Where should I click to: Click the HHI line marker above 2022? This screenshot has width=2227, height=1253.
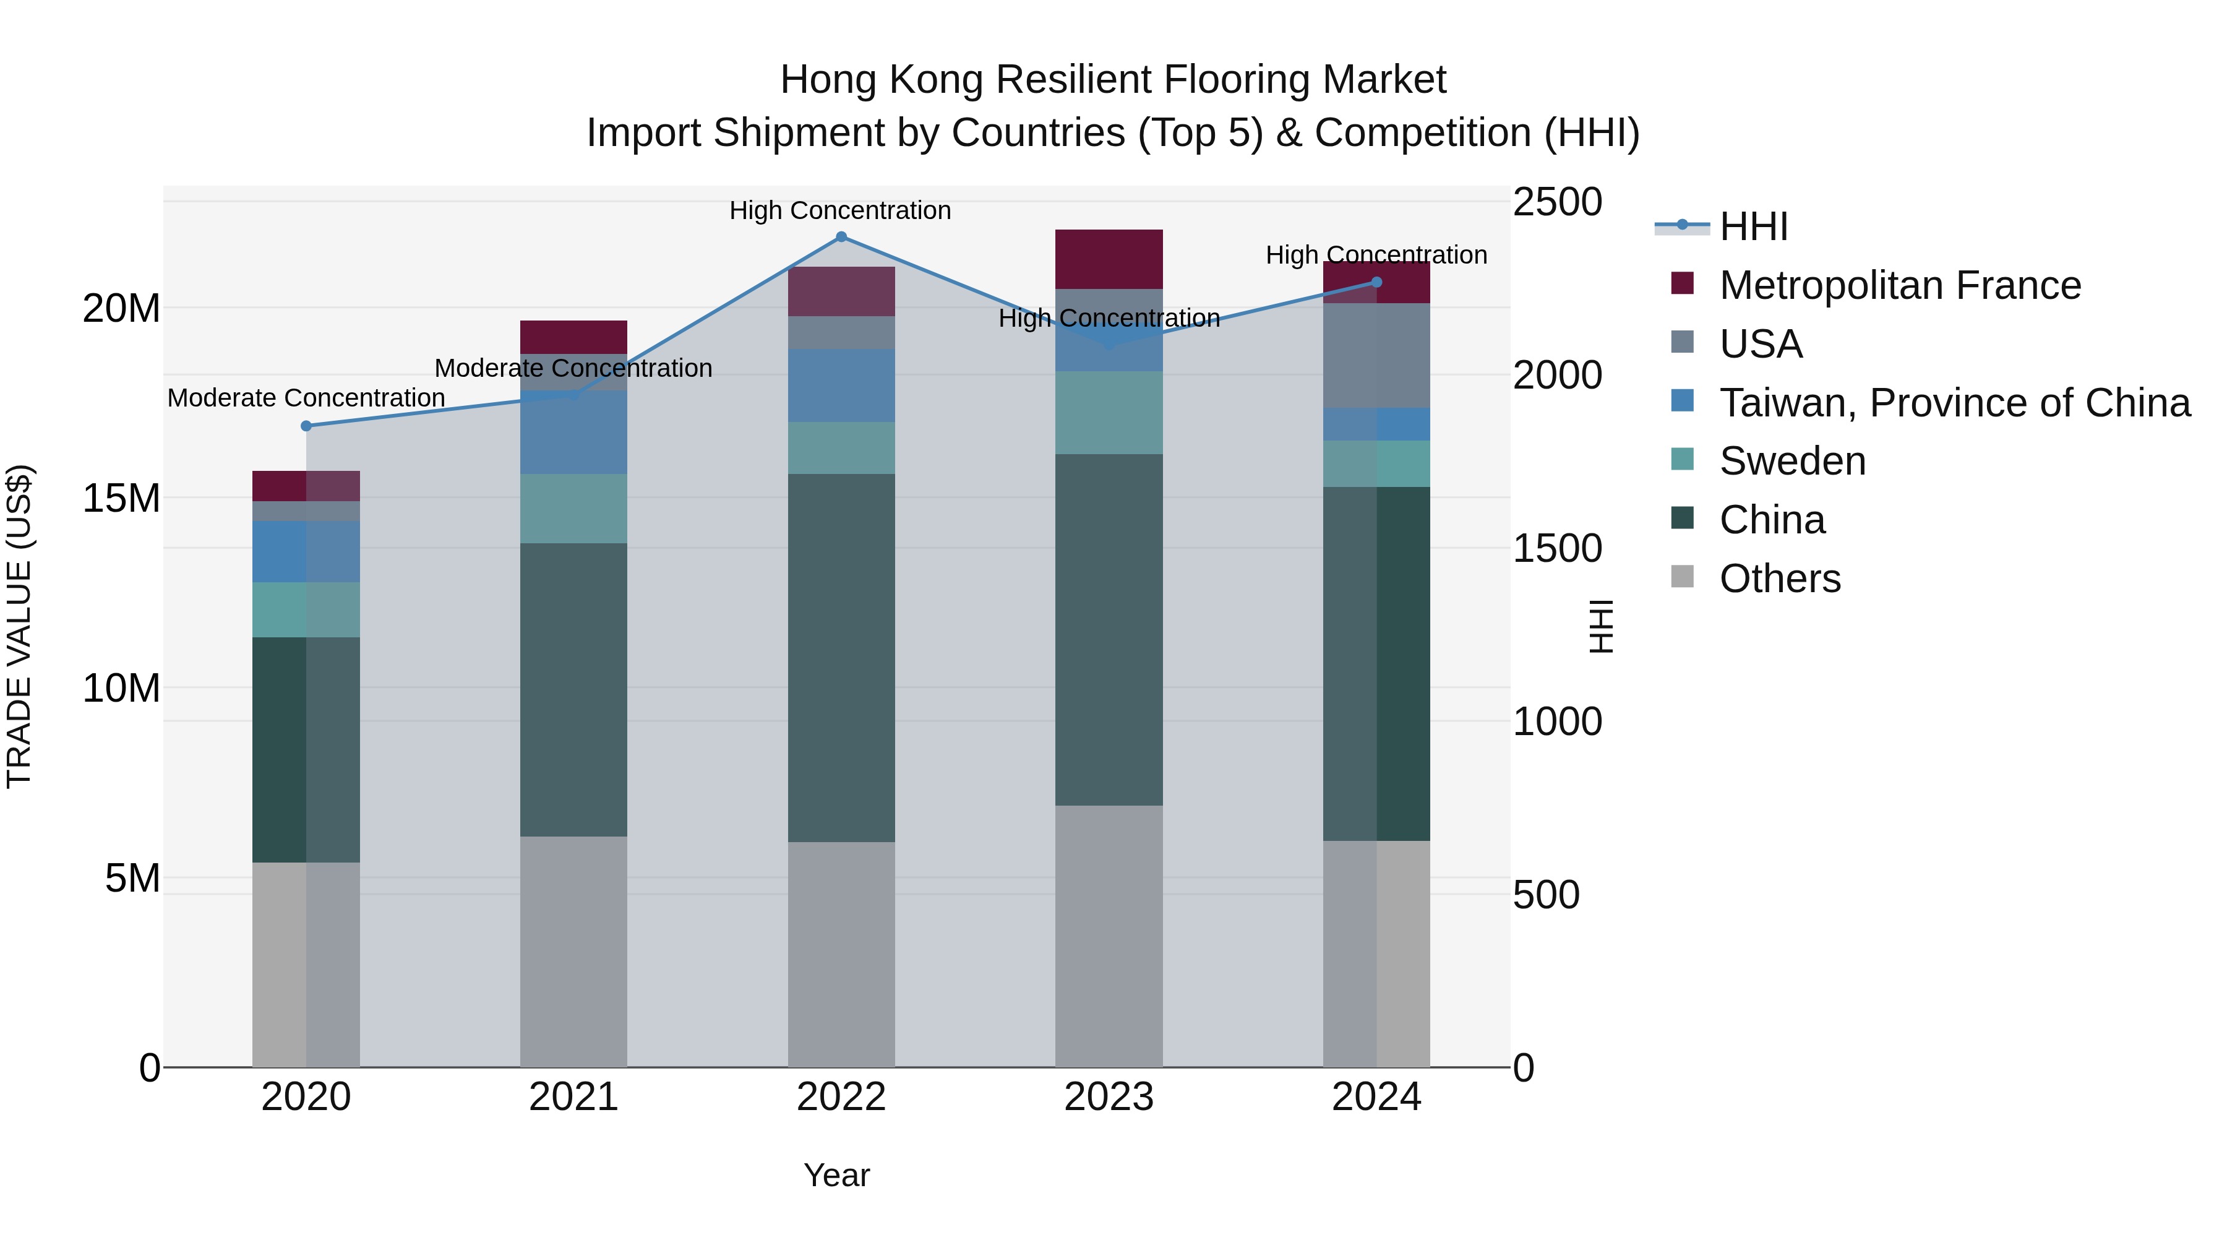click(841, 237)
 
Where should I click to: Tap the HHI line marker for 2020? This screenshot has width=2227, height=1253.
click(306, 426)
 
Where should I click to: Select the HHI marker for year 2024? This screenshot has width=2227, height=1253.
click(1377, 282)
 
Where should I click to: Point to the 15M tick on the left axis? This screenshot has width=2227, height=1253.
click(121, 499)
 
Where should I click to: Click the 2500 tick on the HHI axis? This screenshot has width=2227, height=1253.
click(1557, 203)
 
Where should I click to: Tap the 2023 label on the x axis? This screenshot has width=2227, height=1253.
click(1109, 1097)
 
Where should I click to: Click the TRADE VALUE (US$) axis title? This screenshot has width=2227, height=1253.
click(20, 626)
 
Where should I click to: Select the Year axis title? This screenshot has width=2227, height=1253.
click(836, 1175)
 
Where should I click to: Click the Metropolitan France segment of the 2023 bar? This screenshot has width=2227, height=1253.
click(1109, 259)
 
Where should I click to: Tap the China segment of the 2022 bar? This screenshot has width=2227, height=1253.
click(841, 657)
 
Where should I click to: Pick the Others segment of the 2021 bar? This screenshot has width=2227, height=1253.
click(573, 951)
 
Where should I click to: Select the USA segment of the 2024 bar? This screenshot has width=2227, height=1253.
click(1376, 355)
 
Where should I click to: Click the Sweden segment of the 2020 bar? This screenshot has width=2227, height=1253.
click(306, 609)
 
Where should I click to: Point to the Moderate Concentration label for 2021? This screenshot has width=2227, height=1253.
click(573, 368)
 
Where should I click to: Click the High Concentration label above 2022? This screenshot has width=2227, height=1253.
click(839, 211)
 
